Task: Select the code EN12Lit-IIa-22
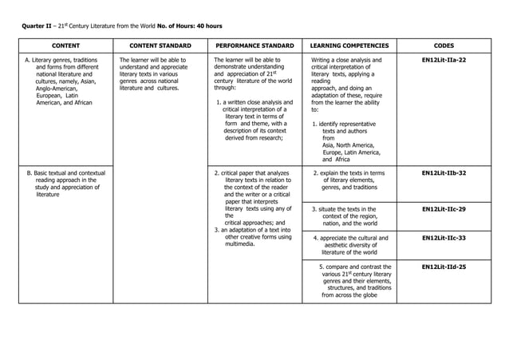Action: (444, 60)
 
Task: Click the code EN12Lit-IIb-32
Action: (444, 172)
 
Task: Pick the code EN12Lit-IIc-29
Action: (444, 209)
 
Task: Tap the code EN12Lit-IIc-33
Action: (444, 238)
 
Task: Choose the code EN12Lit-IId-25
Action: (444, 267)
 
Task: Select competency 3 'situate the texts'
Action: (351, 216)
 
